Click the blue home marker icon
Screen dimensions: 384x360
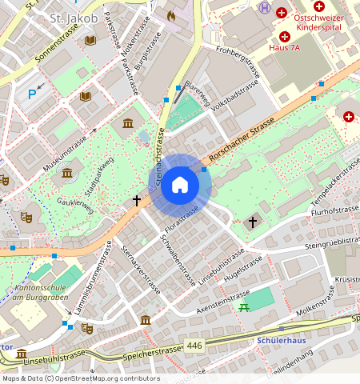[180, 186]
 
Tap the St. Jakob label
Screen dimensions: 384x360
[74, 17]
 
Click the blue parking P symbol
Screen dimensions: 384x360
[33, 94]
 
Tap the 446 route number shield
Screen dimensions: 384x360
[194, 346]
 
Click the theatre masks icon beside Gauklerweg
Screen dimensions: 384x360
[26, 216]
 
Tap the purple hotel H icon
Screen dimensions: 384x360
[264, 7]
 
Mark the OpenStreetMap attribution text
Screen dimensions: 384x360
[80, 378]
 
